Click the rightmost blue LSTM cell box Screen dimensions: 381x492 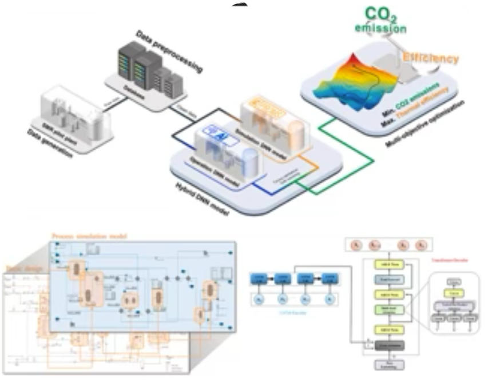click(328, 278)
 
